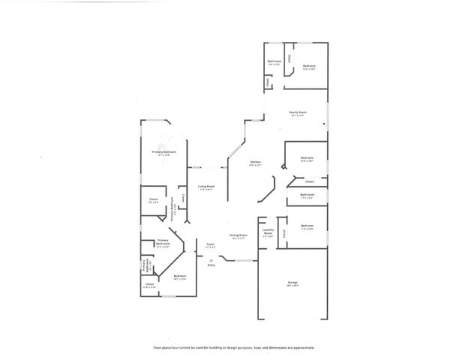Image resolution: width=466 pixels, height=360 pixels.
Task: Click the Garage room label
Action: click(x=292, y=283)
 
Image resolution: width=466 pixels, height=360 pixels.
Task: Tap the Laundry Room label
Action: click(x=268, y=232)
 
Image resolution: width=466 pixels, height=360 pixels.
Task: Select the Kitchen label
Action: click(x=255, y=162)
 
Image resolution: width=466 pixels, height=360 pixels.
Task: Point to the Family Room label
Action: click(x=298, y=112)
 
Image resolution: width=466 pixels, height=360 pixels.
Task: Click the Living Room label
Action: click(x=206, y=186)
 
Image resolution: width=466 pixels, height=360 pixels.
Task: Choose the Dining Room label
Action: click(x=238, y=235)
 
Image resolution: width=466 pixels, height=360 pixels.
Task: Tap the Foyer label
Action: click(x=211, y=244)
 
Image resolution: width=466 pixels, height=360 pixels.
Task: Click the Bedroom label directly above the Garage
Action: click(x=307, y=226)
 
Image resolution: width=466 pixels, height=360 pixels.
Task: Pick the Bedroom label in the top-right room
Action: click(x=309, y=66)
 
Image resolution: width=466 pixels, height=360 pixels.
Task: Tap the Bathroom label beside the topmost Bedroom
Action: click(x=275, y=61)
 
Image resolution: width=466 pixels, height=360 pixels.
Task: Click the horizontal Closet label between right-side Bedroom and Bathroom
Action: click(x=309, y=181)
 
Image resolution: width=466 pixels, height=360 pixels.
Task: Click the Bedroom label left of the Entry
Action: click(x=179, y=276)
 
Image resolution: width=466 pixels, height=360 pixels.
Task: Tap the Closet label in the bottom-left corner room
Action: click(x=149, y=284)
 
